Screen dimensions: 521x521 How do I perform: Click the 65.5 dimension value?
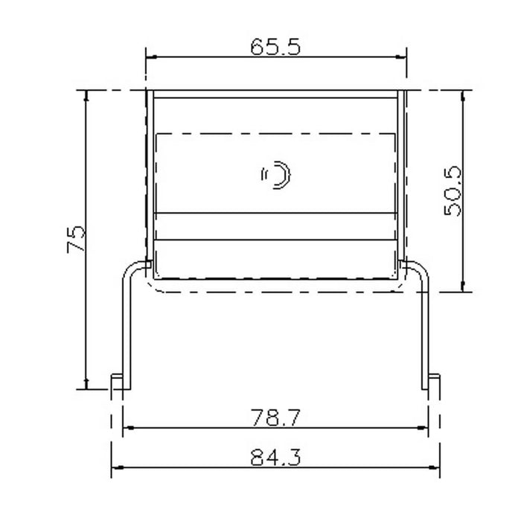(x=275, y=47)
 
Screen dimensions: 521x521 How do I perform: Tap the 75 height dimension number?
(x=76, y=240)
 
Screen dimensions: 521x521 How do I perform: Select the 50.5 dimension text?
(x=453, y=191)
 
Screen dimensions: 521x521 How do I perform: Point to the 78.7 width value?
(x=275, y=418)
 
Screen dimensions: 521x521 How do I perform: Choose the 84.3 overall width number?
(x=275, y=458)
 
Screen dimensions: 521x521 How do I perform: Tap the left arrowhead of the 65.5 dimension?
(x=152, y=57)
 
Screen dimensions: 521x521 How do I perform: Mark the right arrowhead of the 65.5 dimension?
(x=400, y=57)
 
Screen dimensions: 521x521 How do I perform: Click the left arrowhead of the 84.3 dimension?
(x=118, y=467)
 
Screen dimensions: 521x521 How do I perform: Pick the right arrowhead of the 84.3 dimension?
(x=434, y=467)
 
